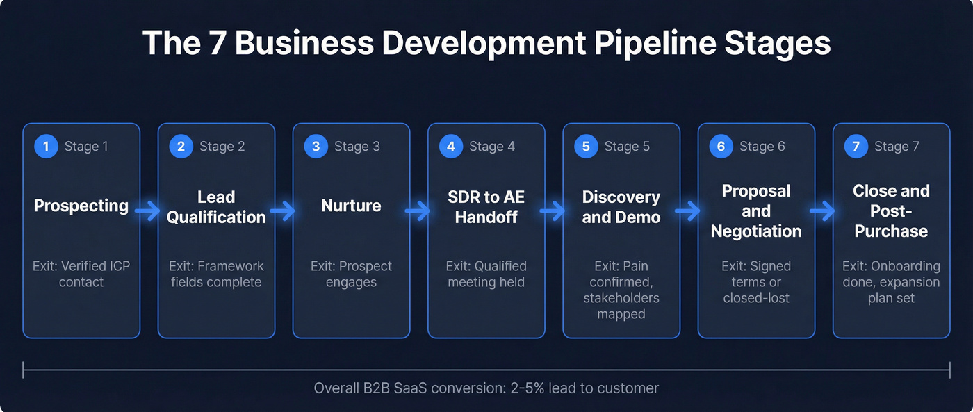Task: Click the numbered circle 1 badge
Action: (46, 147)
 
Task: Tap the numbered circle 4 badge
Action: (450, 147)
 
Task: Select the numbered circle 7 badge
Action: (856, 147)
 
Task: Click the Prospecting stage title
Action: (81, 206)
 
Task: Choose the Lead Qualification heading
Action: (216, 207)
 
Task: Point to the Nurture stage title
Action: (351, 206)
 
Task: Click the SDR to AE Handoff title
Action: (486, 207)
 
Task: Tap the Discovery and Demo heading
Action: (621, 207)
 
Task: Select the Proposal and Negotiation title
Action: (756, 211)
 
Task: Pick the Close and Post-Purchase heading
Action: (891, 211)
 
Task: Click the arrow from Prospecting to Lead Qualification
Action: (148, 211)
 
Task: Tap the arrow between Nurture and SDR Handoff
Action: (418, 211)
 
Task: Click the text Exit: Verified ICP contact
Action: (81, 274)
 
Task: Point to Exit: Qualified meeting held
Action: (486, 274)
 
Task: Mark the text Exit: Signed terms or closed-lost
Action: (756, 281)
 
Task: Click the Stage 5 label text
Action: (627, 147)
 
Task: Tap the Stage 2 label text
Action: (222, 147)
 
